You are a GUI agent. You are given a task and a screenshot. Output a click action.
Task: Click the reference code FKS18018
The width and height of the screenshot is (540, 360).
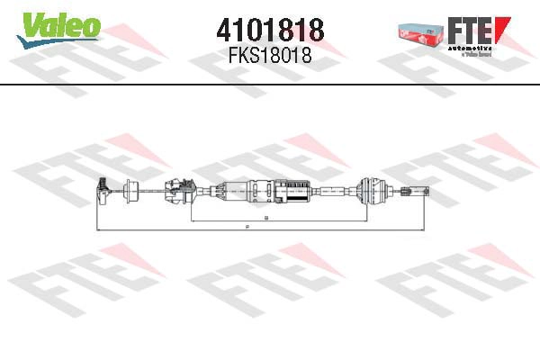click(x=270, y=56)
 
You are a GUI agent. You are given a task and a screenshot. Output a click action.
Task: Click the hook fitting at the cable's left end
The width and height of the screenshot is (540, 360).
click(x=103, y=189)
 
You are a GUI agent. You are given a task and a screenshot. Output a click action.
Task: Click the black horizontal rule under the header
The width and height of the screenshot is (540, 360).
click(x=270, y=85)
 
